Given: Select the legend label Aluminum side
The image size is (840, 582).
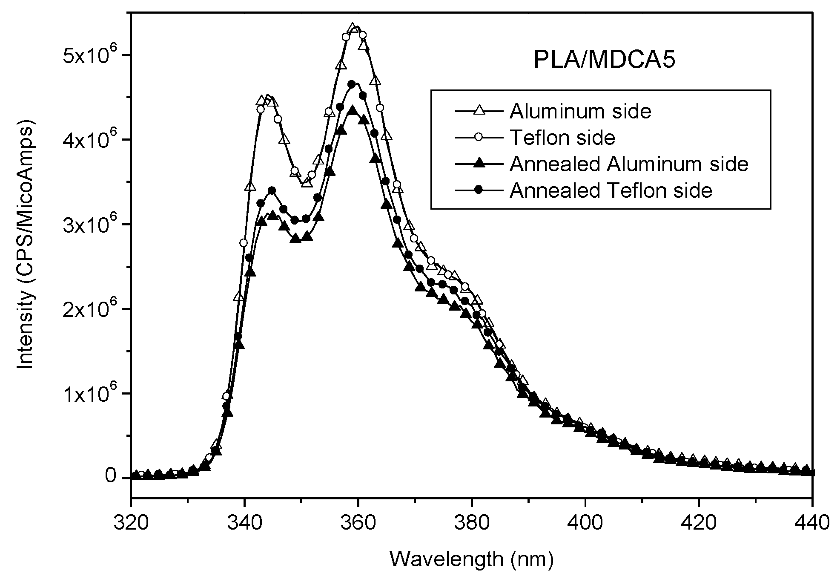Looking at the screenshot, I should [x=580, y=112].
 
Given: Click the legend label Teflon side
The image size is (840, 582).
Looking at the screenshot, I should [x=562, y=138].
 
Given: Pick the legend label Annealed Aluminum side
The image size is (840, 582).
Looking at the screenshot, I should [x=628, y=164].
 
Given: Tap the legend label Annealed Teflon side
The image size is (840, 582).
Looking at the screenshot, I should [x=611, y=191].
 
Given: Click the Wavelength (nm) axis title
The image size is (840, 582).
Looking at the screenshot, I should [x=472, y=560].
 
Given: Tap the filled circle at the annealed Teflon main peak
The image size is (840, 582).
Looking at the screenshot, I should [x=352, y=84].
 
